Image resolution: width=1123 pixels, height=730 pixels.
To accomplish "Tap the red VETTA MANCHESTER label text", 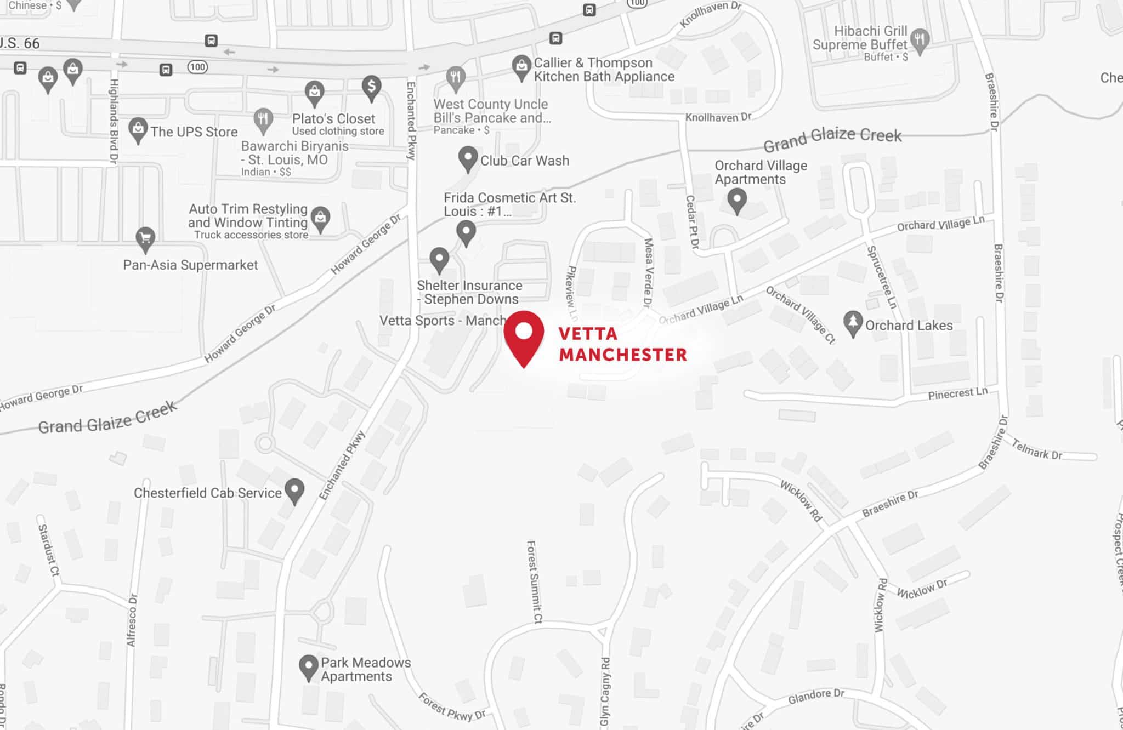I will [x=622, y=344].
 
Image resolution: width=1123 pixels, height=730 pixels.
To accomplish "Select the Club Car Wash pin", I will [x=468, y=158].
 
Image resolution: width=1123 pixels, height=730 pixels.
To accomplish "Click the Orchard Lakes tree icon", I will [x=853, y=323].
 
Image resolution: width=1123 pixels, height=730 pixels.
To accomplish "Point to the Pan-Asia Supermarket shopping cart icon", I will [x=145, y=239].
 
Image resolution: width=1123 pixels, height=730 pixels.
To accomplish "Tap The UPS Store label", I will [x=194, y=132].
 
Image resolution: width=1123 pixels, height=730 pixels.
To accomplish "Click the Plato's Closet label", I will [x=333, y=119].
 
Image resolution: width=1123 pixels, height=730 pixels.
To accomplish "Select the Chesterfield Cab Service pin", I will [x=295, y=491].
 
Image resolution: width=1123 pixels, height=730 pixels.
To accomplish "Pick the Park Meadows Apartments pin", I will [x=309, y=668].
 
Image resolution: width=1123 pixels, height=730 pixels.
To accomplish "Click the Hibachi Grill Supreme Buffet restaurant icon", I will [x=920, y=41].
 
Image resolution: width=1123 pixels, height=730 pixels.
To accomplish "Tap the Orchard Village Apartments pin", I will [x=737, y=200].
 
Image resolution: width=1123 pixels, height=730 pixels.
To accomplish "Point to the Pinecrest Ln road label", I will [x=957, y=393].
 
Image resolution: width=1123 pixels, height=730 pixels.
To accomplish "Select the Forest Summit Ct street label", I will [x=534, y=581].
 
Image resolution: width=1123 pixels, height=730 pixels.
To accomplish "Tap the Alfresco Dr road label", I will [x=132, y=620].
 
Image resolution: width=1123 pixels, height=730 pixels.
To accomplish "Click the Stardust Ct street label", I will [x=48, y=550].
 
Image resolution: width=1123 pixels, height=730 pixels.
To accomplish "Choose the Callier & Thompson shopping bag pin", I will [x=521, y=67].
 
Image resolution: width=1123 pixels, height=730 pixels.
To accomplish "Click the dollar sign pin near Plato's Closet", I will [x=371, y=87].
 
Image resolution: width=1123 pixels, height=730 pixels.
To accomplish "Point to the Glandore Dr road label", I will [x=816, y=697].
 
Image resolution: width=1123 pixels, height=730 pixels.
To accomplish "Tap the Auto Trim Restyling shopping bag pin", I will [x=320, y=219].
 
